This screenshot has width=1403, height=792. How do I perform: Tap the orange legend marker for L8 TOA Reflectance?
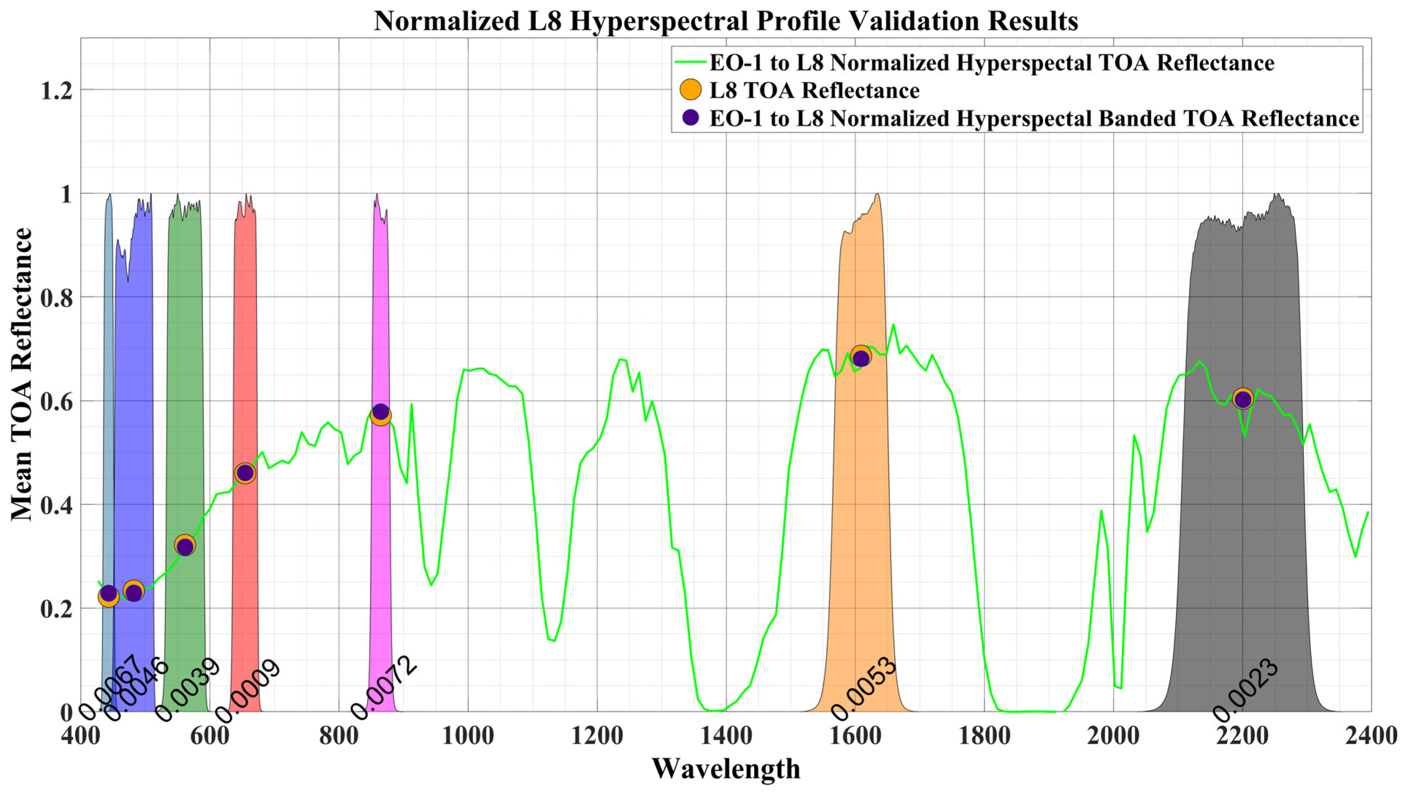691,90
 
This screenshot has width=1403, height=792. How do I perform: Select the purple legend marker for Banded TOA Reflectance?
691,118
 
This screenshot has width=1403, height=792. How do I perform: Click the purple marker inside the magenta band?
381,412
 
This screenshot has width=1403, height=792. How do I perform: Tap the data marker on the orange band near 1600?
860,357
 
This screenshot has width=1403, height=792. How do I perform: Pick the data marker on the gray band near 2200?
1242,399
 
